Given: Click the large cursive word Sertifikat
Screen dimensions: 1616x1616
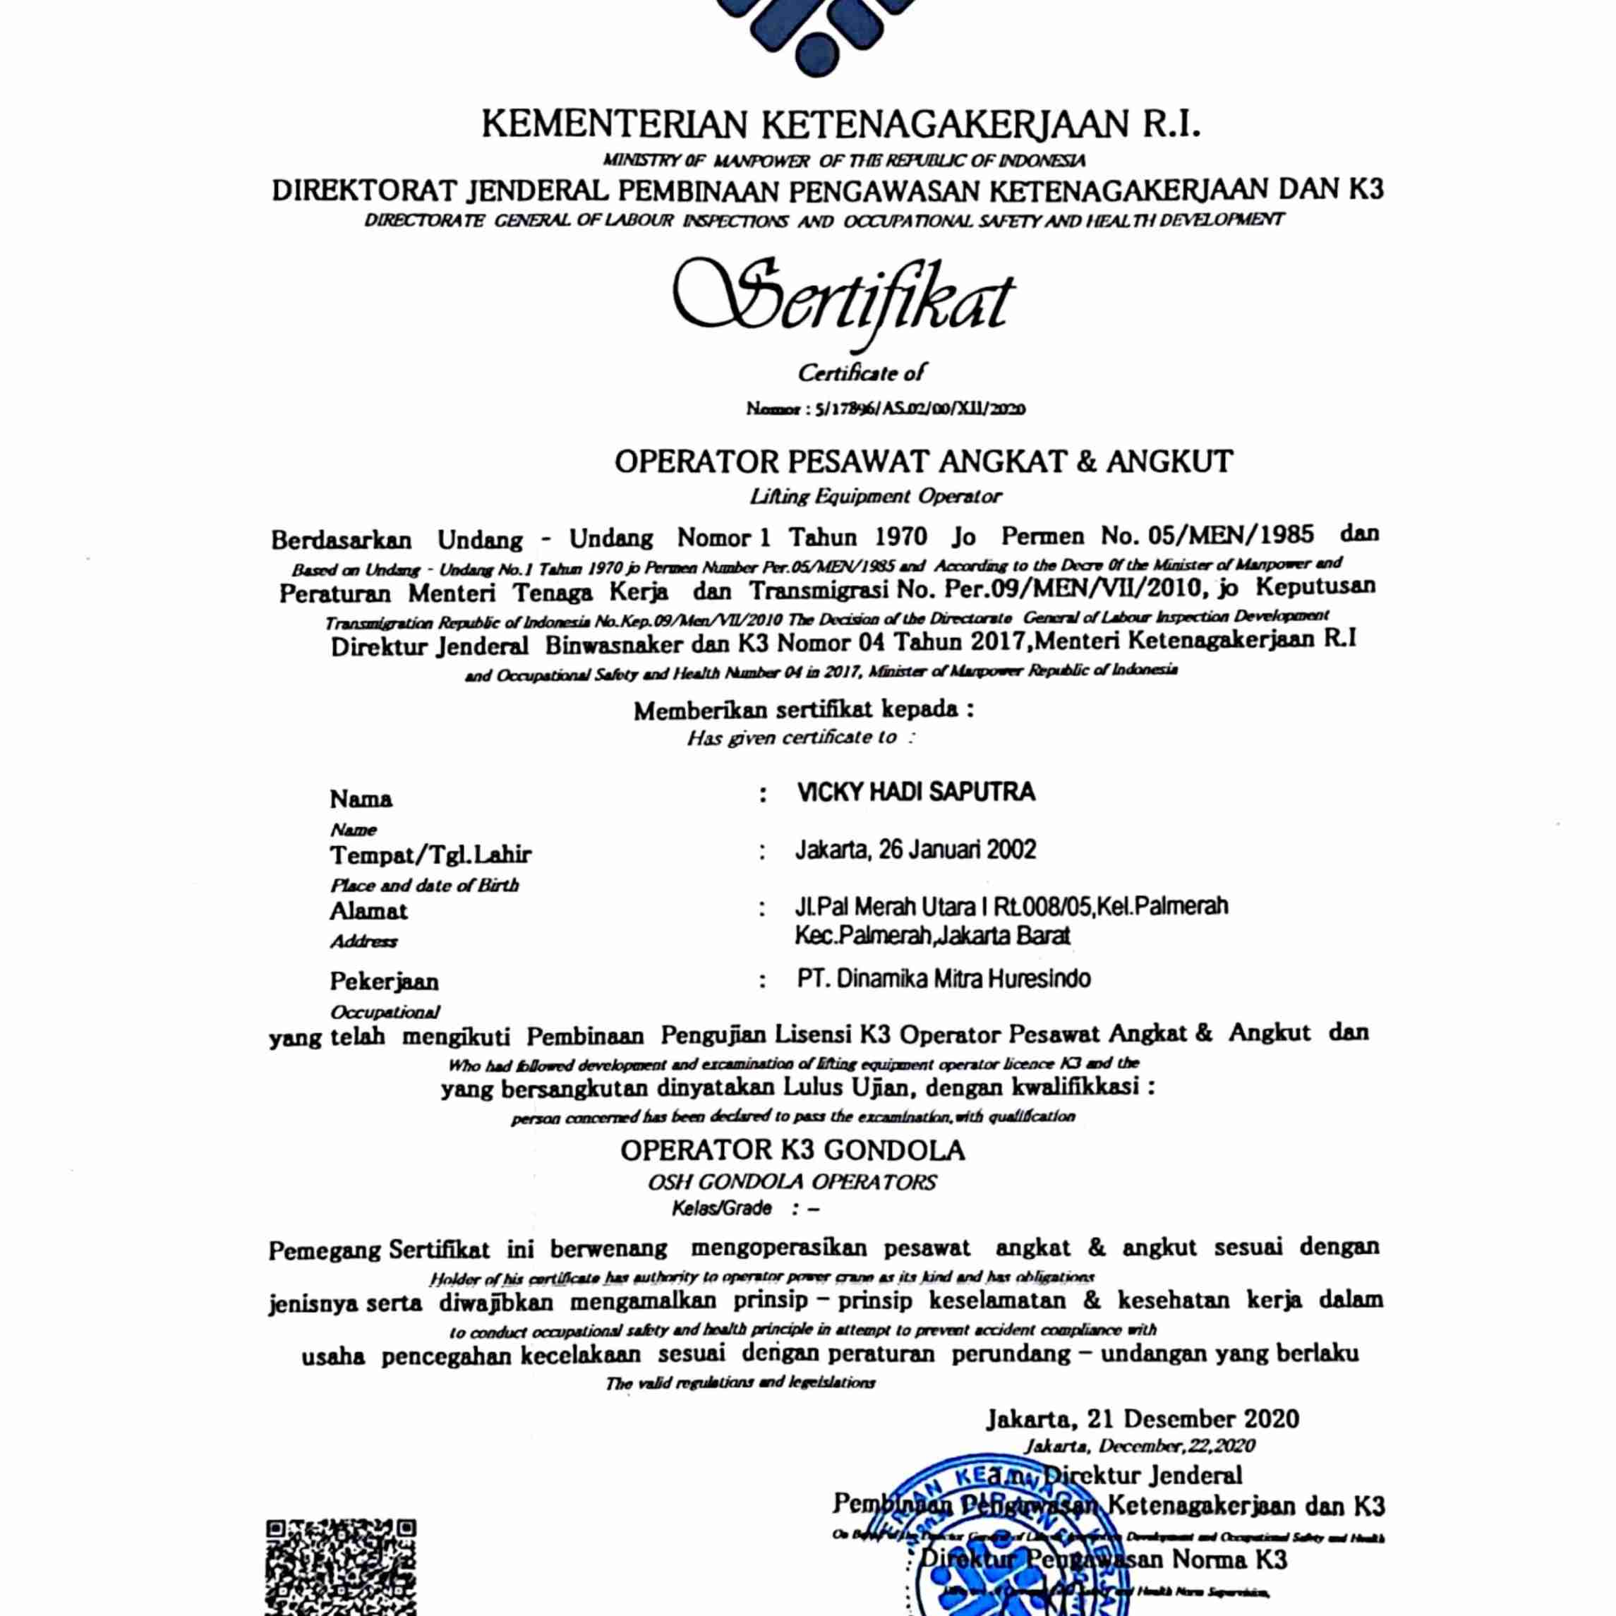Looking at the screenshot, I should click(845, 301).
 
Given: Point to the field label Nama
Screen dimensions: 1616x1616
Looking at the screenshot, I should click(361, 799).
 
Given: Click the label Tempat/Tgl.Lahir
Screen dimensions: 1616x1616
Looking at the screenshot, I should click(430, 855).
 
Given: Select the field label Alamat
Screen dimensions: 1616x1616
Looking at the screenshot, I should click(368, 911).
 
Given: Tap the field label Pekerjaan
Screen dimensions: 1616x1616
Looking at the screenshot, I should click(384, 980).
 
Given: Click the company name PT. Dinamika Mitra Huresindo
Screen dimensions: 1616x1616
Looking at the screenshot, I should click(943, 979).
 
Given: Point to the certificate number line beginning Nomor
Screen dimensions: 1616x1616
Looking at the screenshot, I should click(886, 409).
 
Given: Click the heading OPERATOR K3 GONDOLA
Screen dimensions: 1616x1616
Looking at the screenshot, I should click(792, 1151).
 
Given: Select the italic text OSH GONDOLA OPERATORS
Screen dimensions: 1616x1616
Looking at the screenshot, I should click(791, 1183).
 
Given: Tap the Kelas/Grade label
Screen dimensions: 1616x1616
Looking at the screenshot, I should click(722, 1209).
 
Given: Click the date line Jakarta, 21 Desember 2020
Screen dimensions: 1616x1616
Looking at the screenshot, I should click(1142, 1418).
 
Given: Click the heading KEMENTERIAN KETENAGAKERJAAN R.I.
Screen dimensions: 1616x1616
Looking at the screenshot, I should click(841, 126).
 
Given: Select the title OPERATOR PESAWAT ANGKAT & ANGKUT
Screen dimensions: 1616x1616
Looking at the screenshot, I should click(924, 461).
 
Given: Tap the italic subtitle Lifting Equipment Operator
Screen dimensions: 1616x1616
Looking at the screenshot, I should click(876, 496).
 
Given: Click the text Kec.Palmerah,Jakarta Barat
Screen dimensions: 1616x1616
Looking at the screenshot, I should click(933, 935).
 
